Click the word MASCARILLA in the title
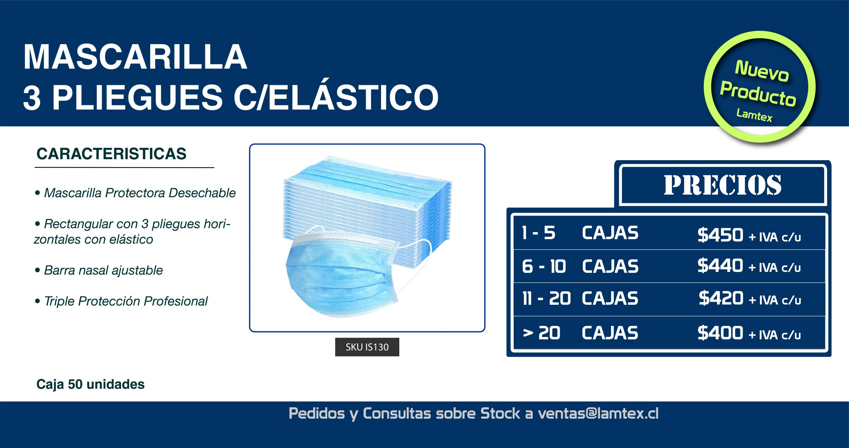pyautogui.click(x=135, y=57)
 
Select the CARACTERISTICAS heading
pyautogui.click(x=111, y=154)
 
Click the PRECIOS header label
pyautogui.click(x=723, y=185)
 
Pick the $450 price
pyautogui.click(x=720, y=235)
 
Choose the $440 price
pyautogui.click(x=720, y=266)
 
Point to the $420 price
pyautogui.click(x=721, y=298)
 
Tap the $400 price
pyautogui.click(x=720, y=333)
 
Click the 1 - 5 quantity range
pyautogui.click(x=539, y=233)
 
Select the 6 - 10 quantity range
pyautogui.click(x=544, y=266)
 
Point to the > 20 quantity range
pyautogui.click(x=541, y=333)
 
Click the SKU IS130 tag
pyautogui.click(x=367, y=347)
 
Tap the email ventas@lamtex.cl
pyautogui.click(x=598, y=413)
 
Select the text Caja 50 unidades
pyautogui.click(x=91, y=384)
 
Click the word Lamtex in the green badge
pyautogui.click(x=754, y=115)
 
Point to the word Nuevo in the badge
pyautogui.click(x=762, y=71)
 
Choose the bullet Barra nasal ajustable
pyautogui.click(x=99, y=270)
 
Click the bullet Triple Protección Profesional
pyautogui.click(x=121, y=301)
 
